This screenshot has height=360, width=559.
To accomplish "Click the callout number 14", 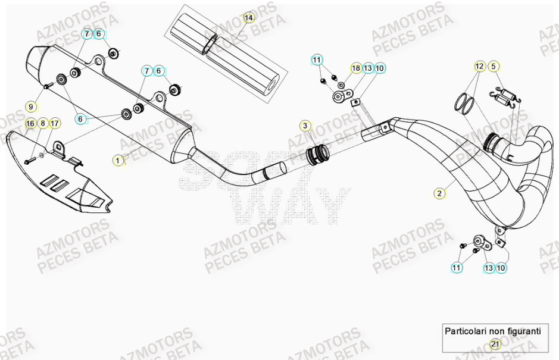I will tap(249, 18).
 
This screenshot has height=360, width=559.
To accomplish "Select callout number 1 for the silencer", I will tap(118, 160).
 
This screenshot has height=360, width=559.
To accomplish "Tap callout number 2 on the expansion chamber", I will tap(439, 193).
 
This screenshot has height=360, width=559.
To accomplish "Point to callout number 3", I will tap(305, 126).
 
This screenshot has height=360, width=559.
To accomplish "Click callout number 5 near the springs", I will tap(494, 67).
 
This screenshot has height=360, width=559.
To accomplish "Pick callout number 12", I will tap(480, 67).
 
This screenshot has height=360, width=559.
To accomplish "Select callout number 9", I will tap(32, 107).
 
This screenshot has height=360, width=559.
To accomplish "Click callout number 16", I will tap(30, 124).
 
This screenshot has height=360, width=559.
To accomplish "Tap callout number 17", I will tap(54, 124).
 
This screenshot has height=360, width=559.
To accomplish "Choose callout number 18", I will tap(356, 68).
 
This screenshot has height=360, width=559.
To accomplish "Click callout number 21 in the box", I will tap(495, 344).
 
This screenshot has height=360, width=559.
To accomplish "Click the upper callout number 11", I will tap(317, 60).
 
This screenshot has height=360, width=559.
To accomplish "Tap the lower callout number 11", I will tap(457, 268).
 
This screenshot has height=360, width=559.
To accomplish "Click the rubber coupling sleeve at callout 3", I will tap(316, 156).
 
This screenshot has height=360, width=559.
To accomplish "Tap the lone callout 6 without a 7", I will tap(80, 120).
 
